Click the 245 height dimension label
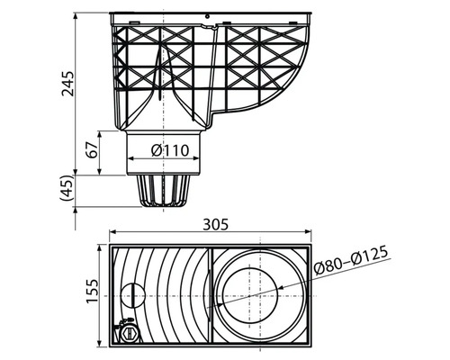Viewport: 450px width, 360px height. click(67, 84)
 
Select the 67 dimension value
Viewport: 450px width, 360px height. click(92, 149)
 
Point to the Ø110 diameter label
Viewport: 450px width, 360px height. click(170, 150)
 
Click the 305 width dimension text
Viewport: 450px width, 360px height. click(216, 224)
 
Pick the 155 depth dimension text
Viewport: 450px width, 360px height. click(93, 291)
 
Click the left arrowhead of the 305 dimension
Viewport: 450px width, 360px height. click(112, 231)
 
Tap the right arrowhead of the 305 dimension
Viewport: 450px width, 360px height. click(308, 231)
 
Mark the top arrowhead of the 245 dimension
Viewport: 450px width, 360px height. click(76, 16)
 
